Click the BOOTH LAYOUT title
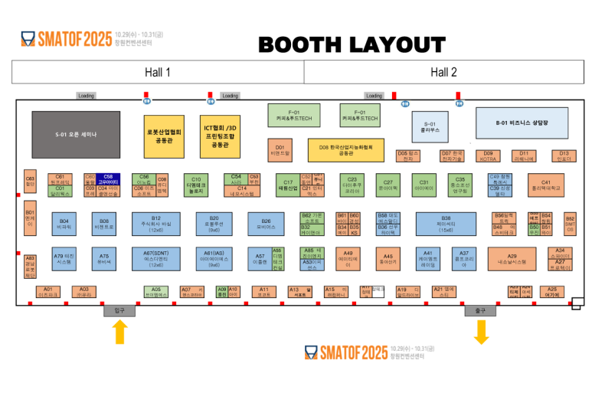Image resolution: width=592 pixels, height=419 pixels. point(352,45)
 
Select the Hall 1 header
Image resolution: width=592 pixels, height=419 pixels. point(157,72)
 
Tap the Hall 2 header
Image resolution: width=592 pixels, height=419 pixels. point(443,72)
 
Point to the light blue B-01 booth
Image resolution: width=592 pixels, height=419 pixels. point(522,123)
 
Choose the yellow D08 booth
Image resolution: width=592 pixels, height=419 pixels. point(345,149)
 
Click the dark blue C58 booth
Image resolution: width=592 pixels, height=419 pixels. point(108,179)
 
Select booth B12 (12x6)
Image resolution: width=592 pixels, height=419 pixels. point(155,224)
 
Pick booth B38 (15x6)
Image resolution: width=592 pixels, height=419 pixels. point(446,224)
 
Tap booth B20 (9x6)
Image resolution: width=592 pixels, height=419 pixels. point(214,224)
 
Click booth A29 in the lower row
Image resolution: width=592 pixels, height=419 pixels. point(512,259)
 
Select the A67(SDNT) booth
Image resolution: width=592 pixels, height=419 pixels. point(155,259)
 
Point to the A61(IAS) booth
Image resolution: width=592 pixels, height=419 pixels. point(214,259)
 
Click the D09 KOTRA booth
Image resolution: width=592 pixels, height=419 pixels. point(488,156)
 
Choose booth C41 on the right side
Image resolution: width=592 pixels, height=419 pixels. point(546,185)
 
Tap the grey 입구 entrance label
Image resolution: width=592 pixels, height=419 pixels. point(119,310)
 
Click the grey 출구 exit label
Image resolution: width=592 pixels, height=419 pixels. point(480,310)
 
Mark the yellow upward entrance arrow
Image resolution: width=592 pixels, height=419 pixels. point(119,331)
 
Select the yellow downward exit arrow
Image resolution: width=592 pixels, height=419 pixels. point(481,331)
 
